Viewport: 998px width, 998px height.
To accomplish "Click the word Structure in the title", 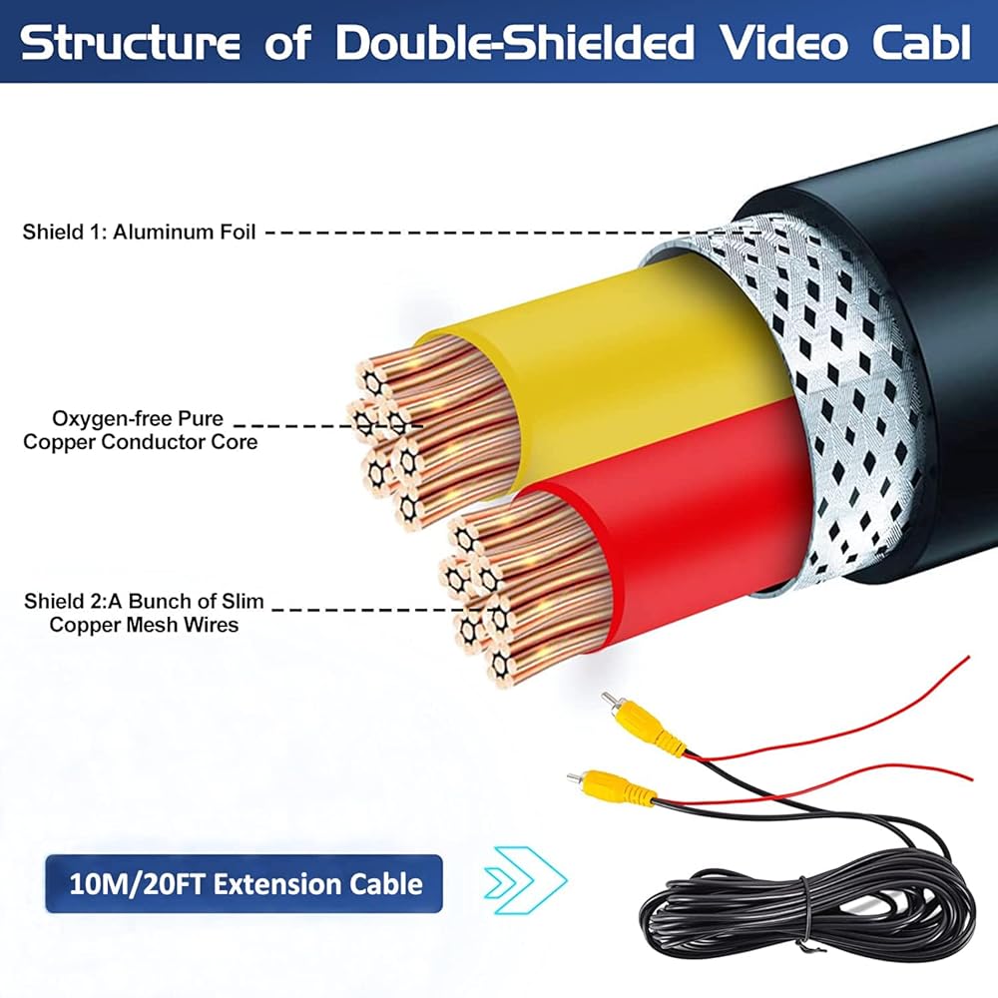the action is pos(131,43).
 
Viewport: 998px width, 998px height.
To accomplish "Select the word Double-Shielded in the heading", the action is pos(514,43).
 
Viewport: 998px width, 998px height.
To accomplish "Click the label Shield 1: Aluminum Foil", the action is pos(139,232).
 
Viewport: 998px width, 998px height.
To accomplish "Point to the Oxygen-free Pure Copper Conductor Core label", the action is pos(140,430).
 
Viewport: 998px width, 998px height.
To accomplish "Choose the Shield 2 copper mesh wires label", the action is pos(144,613).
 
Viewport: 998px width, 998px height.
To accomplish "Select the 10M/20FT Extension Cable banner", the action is pos(244,884).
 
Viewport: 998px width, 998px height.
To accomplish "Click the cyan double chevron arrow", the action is pos(525,881).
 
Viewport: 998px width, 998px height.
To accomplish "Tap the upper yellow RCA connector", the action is pos(644,722).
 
